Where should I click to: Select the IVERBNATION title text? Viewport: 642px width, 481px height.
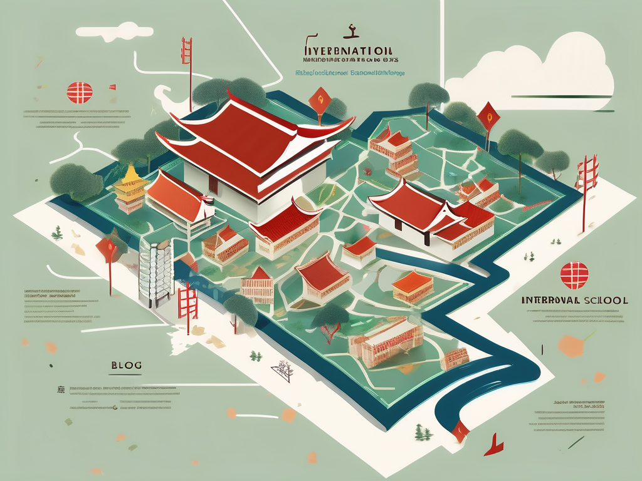347,49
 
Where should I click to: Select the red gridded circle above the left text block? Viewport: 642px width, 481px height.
80,92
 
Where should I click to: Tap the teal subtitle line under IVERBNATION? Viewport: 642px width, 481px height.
350,73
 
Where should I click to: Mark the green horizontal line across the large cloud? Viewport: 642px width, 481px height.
561,96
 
